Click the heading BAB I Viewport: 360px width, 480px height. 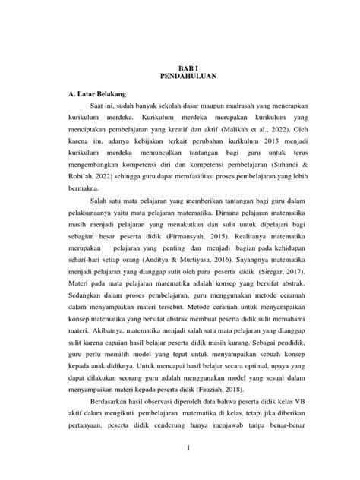point(179,67)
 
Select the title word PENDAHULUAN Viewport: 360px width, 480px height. point(179,77)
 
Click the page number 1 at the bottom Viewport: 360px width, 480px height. point(179,455)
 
